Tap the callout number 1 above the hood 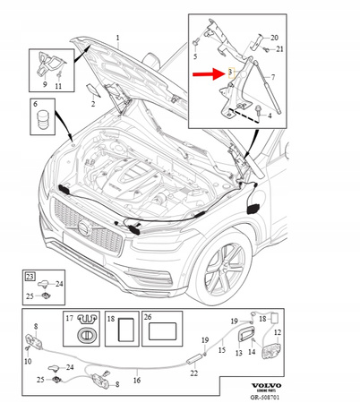coord(116,39)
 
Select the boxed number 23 coord(30,278)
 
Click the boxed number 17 coord(68,317)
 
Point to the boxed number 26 coord(148,317)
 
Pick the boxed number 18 coord(111,317)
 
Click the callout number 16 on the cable coord(136,379)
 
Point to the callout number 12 coord(277,333)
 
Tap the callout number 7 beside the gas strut coord(273,78)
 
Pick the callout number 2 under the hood coord(92,105)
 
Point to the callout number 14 coord(252,353)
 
